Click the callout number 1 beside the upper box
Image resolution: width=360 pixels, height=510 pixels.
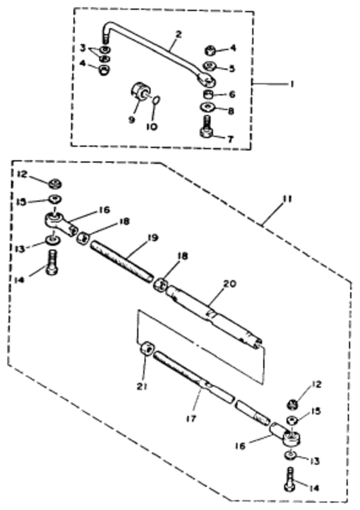point(292,84)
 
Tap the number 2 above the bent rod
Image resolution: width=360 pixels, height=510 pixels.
point(178,35)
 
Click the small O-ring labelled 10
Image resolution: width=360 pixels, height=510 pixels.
point(157,100)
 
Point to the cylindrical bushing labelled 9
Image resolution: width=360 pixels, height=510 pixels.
point(140,91)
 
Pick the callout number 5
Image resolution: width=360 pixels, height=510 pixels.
point(231,69)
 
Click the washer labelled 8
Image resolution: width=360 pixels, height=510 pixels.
point(208,107)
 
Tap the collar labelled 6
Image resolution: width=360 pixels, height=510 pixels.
point(208,95)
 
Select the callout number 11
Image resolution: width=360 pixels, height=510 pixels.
point(287,198)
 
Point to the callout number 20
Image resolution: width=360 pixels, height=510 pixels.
point(230,284)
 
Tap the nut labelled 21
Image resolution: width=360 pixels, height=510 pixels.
point(147,349)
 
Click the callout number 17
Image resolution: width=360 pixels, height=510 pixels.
point(192,418)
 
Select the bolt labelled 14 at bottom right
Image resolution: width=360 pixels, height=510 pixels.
point(290,480)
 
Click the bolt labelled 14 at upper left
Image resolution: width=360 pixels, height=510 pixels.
point(52,263)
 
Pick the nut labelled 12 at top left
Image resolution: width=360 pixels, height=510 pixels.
point(56,184)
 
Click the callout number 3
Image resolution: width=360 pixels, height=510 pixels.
point(83,48)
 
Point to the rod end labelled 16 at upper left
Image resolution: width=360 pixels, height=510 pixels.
point(60,222)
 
